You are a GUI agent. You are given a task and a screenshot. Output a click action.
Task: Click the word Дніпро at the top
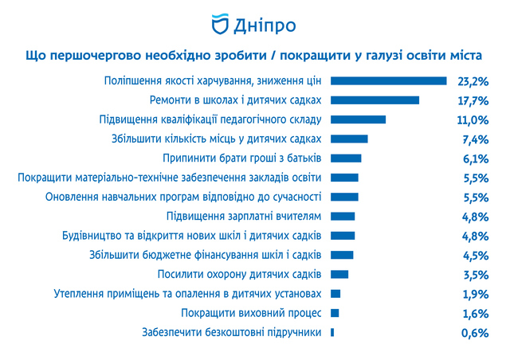tap(265, 25)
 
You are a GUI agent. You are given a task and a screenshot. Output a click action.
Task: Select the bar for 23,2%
tap(387, 80)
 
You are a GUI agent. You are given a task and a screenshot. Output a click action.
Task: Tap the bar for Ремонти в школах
tap(375, 100)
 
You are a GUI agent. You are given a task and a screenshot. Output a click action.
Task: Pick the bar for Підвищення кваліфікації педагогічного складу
tap(358, 119)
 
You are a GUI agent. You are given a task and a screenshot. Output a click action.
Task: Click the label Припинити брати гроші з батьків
tap(241, 158)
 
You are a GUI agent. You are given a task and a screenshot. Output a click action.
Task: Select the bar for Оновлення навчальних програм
tap(344, 197)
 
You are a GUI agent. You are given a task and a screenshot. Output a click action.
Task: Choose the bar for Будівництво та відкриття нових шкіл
tap(343, 236)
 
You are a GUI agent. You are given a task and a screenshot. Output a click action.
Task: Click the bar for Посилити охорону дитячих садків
tap(339, 275)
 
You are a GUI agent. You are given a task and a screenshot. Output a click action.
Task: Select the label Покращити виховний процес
tap(251, 313)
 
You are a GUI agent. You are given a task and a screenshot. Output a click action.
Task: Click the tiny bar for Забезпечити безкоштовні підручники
tap(331, 332)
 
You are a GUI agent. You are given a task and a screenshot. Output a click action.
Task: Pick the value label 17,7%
tap(473, 100)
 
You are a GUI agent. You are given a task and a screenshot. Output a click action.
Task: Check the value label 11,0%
tap(473, 119)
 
